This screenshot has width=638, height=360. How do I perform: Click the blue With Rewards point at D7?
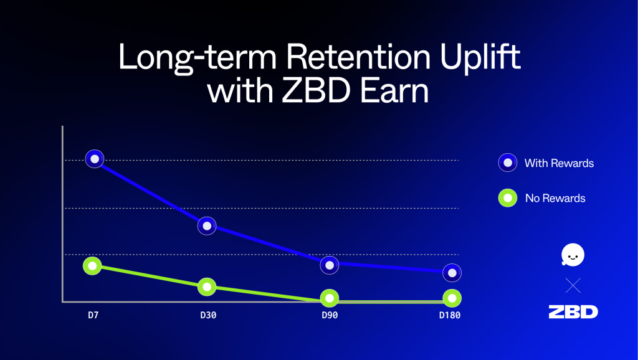(95, 159)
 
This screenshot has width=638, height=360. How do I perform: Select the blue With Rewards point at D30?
(207, 225)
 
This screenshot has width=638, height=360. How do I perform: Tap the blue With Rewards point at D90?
(330, 265)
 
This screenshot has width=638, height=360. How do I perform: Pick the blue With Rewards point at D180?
(452, 273)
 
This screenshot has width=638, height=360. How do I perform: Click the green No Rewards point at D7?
(92, 265)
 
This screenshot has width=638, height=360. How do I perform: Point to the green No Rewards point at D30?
(207, 287)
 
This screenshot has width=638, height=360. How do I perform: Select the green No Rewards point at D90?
(330, 298)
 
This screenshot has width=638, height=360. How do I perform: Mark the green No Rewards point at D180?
(452, 298)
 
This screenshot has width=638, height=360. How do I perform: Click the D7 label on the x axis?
(93, 315)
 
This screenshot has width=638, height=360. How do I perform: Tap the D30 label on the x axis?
(208, 315)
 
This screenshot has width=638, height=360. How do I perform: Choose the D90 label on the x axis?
(330, 315)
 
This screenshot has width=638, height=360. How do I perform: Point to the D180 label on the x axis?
(450, 315)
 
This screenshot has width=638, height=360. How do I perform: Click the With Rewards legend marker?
(508, 163)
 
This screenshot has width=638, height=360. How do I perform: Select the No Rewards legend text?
(555, 198)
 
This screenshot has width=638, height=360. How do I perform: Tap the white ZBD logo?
(573, 312)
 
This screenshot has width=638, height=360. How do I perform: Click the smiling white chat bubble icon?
(573, 255)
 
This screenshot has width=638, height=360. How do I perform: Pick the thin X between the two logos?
(573, 285)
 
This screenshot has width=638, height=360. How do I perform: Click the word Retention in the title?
(360, 57)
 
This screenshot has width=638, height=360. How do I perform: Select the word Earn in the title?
(394, 90)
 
